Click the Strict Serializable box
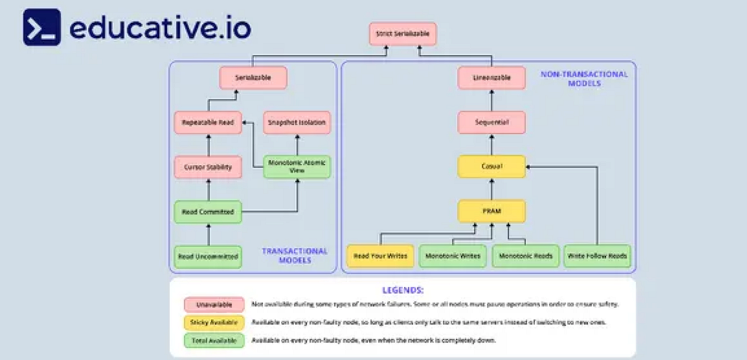tap(403, 34)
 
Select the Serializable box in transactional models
tap(253, 78)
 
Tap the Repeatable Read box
tap(208, 123)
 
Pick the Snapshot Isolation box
tap(297, 123)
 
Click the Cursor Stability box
tap(208, 167)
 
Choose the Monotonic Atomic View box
tap(297, 167)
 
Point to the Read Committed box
tap(208, 212)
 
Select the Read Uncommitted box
tap(208, 256)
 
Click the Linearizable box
tap(491, 78)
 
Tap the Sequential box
tap(491, 123)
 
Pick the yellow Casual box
tap(491, 167)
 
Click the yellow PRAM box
tap(491, 212)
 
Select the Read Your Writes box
tap(380, 256)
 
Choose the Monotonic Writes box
tap(453, 256)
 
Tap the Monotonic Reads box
tap(525, 256)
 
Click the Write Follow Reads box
tap(598, 256)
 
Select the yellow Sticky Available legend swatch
tap(214, 323)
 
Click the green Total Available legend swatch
tap(214, 341)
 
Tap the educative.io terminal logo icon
tap(42, 27)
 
